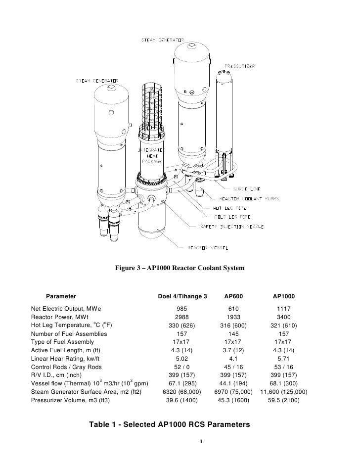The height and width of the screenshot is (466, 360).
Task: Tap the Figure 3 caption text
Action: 180,268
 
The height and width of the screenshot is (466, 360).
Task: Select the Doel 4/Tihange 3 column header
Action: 182,296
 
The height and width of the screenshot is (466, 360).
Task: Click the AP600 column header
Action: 233,296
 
